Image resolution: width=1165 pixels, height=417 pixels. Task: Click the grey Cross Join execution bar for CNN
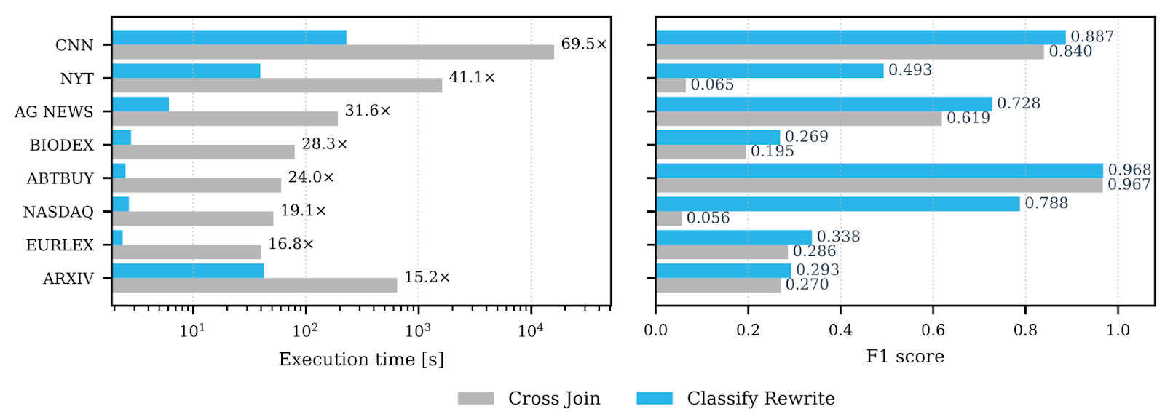coord(333,52)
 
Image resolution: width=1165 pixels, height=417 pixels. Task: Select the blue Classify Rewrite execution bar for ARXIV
coord(188,271)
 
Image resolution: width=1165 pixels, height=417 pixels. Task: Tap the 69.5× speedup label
coord(583,44)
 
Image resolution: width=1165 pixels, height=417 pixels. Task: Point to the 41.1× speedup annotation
coord(472,77)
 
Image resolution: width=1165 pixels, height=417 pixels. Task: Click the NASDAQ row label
coord(58,212)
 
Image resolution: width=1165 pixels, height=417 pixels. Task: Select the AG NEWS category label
coord(54,112)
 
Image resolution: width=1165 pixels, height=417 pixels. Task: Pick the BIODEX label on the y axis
coord(61,146)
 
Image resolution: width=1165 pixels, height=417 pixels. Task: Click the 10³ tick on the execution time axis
coord(418,331)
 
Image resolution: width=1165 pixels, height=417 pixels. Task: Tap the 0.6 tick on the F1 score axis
coord(933,330)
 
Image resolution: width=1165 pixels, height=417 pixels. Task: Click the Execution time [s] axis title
coord(361,360)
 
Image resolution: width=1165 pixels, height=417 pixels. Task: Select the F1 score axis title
coord(905,357)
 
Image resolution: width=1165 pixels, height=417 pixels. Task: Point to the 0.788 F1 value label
coord(1046,203)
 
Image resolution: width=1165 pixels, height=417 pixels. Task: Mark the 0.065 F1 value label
coord(712,84)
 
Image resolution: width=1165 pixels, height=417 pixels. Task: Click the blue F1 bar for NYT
coord(770,71)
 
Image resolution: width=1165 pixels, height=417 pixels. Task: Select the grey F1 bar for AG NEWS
coord(799,119)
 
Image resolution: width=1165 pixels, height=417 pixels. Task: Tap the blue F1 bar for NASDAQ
coord(837,204)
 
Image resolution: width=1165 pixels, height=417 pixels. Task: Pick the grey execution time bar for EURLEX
coord(186,252)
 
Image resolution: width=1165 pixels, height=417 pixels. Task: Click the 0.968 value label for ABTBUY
coord(1129,170)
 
